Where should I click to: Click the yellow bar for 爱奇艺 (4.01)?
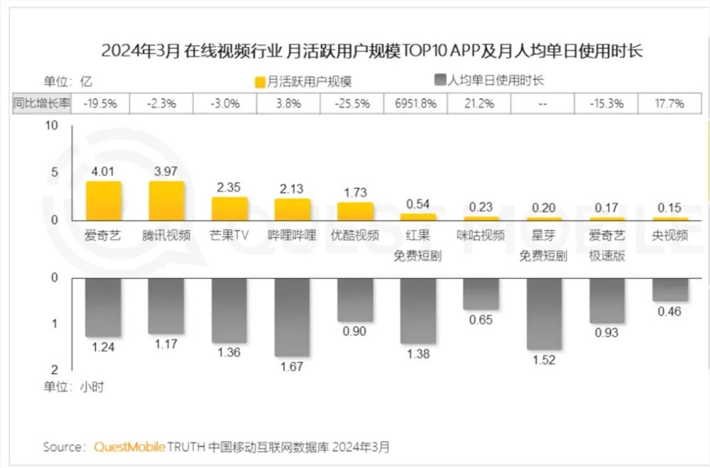104,201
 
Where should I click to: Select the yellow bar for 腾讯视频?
166,201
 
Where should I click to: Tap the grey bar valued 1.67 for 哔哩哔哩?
292,317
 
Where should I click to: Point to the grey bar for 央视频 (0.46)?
670,290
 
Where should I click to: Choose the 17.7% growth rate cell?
670,104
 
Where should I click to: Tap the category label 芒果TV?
229,235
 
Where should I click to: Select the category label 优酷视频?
355,235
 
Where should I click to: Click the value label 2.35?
229,187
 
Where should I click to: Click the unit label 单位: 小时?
70,387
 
